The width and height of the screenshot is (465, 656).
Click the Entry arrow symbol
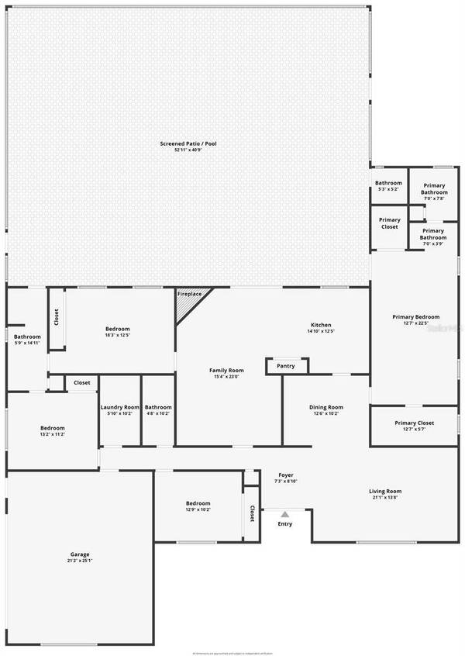point(285,514)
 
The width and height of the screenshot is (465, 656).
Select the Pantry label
point(286,366)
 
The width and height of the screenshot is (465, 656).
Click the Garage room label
point(81,554)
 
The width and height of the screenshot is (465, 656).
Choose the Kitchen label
point(321,325)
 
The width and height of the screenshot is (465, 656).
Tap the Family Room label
point(226,370)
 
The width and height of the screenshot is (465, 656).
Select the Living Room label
point(385,491)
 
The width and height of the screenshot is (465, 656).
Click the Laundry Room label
point(120,407)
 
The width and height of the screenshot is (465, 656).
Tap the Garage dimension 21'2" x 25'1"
point(81,561)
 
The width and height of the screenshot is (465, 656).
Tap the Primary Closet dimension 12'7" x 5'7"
point(414,430)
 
